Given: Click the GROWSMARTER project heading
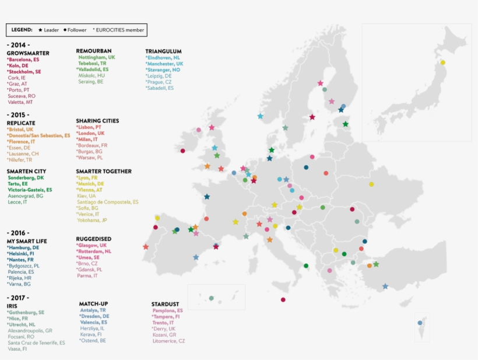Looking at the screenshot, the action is [x=28, y=53].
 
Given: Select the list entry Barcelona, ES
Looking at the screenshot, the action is [x=24, y=60].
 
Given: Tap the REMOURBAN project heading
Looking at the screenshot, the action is [x=93, y=51].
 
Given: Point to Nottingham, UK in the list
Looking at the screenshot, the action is [x=96, y=57].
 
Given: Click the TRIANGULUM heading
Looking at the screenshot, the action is [x=163, y=51].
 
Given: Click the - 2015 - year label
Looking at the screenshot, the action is [x=18, y=115].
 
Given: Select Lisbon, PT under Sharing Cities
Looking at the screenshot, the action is [x=89, y=127].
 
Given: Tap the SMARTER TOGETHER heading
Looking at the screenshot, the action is [x=104, y=172].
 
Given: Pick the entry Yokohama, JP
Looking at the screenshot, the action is [x=92, y=221].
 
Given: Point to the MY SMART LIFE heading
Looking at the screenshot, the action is [x=27, y=241].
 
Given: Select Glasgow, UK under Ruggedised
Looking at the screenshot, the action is [x=92, y=246].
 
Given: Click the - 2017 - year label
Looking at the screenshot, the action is [x=18, y=298].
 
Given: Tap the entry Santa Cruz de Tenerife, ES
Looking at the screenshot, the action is [x=37, y=342].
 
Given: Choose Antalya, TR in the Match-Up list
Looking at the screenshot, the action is [x=93, y=310].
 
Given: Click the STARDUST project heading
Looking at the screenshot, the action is [x=165, y=304].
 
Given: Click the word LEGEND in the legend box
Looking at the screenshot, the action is [x=22, y=30].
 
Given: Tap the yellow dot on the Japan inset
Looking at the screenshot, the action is [x=442, y=62].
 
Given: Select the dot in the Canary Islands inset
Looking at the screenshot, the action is [x=212, y=298].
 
